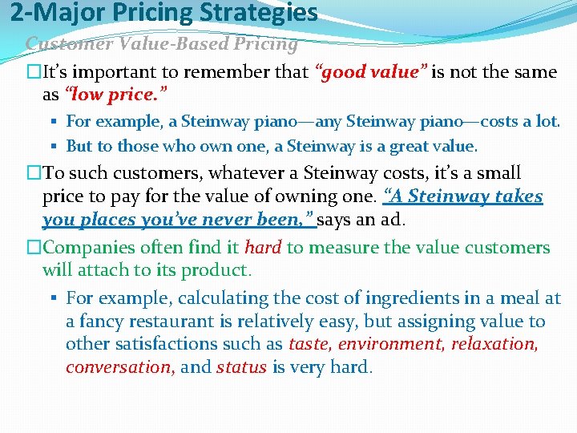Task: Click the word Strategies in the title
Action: pos(265,13)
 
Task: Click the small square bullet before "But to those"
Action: pos(59,147)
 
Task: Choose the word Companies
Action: pos(87,248)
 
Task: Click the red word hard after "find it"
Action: pos(263,248)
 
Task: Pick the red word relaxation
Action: pos(494,345)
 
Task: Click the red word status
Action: pos(241,368)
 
